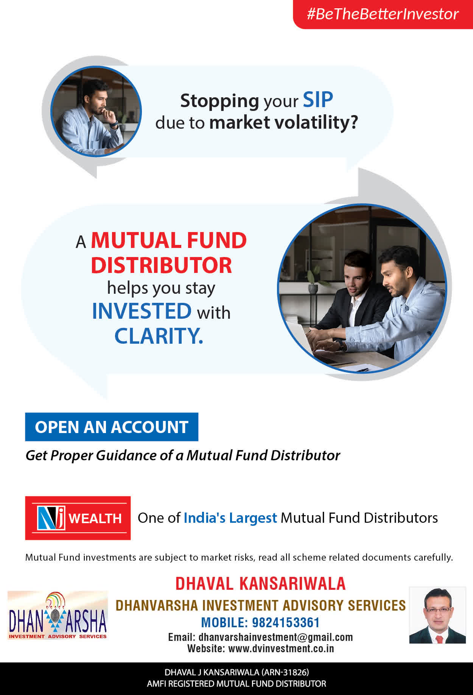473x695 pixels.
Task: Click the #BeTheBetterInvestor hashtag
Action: tap(383, 14)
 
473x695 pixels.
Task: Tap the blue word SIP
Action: tap(318, 100)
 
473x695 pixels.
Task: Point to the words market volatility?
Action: tap(283, 122)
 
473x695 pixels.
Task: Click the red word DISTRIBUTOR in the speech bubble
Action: tap(161, 265)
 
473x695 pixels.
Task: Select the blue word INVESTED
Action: tap(142, 311)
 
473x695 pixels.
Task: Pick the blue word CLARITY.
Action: tap(159, 336)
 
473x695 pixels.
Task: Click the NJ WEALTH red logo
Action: tap(78, 518)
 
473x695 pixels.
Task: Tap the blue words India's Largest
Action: tap(230, 518)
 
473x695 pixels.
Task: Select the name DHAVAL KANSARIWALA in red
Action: tap(260, 583)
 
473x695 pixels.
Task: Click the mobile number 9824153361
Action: tap(286, 622)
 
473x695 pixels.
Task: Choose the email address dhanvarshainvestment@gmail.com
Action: tap(275, 637)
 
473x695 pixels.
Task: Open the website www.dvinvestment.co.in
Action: tap(281, 648)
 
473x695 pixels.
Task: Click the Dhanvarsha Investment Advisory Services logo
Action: tap(58, 615)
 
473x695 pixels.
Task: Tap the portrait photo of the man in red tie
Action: tap(437, 615)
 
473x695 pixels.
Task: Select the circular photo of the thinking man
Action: tap(96, 111)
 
